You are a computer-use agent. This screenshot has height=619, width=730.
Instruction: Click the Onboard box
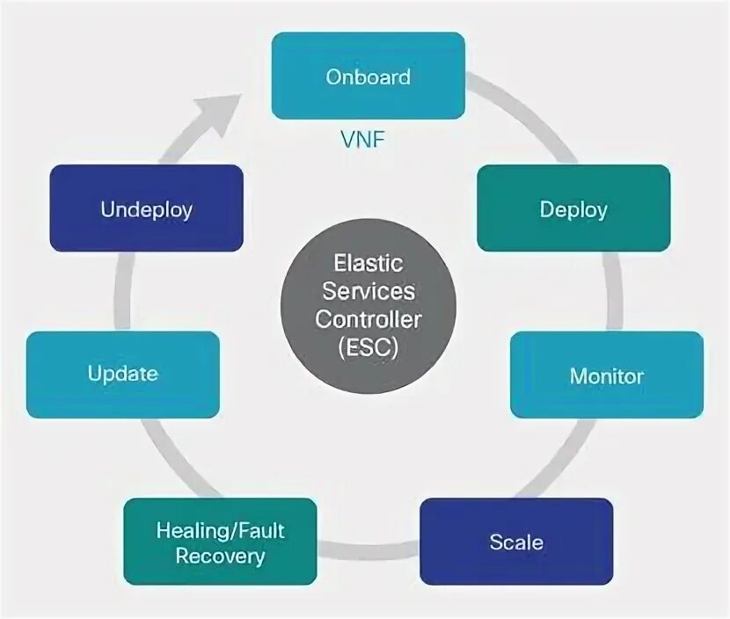[368, 76]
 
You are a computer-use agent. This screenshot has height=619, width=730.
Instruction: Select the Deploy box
[573, 208]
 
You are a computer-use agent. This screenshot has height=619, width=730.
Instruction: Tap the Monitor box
[607, 375]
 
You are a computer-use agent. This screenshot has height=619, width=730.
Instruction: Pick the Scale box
[516, 542]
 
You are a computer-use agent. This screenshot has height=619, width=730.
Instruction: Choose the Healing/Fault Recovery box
[220, 542]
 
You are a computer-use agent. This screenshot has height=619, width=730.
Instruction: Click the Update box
[123, 375]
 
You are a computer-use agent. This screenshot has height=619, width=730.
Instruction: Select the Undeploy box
[146, 208]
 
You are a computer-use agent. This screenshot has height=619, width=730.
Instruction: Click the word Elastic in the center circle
[369, 264]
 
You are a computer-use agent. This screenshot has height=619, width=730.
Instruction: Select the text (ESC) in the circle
[369, 346]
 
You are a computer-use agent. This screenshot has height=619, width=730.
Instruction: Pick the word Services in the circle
[369, 291]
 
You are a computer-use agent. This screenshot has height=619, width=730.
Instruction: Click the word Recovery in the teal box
[220, 556]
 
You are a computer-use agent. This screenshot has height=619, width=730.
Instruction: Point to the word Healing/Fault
[220, 530]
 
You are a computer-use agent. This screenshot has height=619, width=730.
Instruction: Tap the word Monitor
[607, 376]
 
